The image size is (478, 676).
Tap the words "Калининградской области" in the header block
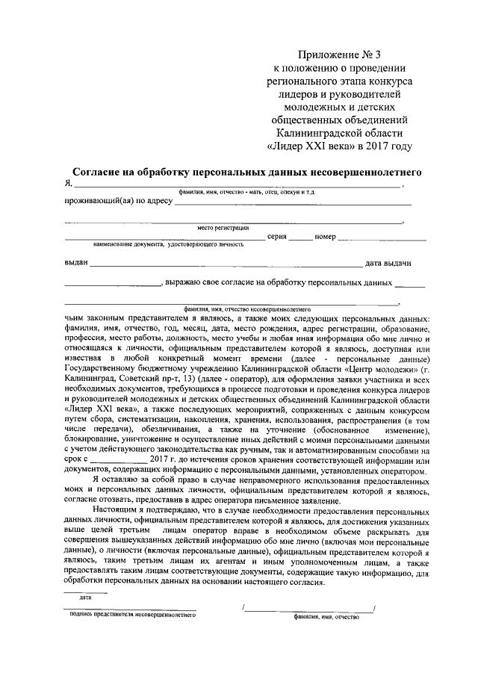point(339,132)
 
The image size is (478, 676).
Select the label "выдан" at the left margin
point(76,262)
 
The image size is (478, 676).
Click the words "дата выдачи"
point(387,262)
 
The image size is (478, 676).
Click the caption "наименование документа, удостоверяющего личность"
point(169,244)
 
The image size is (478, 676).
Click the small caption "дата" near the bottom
point(85,597)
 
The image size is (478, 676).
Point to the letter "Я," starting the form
point(69,184)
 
